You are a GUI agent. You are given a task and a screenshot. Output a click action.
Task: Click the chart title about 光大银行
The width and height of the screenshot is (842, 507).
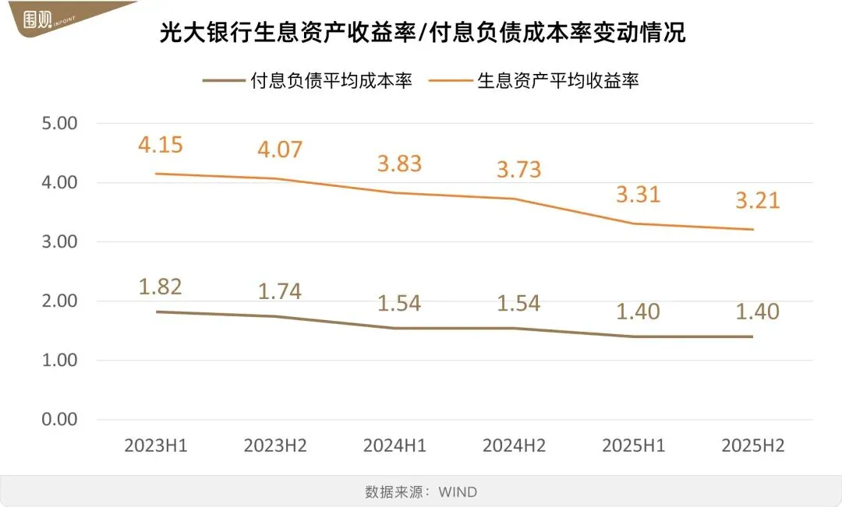(422, 33)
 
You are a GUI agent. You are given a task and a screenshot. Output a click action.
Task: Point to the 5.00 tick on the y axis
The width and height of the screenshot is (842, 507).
(58, 123)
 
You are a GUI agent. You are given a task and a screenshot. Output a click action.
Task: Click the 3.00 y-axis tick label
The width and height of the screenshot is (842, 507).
(58, 241)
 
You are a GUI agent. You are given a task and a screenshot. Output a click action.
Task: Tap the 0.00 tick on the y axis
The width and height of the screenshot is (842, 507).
(58, 419)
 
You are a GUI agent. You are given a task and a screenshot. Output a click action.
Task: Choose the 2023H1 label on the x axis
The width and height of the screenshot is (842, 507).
(156, 446)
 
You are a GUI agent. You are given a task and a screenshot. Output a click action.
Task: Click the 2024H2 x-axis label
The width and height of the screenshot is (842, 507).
(514, 446)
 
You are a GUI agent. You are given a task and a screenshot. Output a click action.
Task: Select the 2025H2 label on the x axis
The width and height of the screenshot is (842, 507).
(753, 446)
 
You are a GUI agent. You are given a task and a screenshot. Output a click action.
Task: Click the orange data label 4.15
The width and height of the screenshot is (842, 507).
(160, 145)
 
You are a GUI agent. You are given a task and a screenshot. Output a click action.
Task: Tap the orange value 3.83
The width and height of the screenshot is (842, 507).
(399, 164)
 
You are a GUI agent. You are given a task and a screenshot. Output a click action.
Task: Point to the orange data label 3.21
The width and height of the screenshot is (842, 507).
(757, 201)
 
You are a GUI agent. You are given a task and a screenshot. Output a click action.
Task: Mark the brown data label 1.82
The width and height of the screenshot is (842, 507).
(160, 287)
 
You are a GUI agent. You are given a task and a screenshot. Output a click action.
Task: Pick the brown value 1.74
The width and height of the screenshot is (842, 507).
(279, 291)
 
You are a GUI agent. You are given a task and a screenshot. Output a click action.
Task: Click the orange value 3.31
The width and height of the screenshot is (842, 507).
(638, 193)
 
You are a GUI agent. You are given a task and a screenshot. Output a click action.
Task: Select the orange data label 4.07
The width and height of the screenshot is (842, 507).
(279, 149)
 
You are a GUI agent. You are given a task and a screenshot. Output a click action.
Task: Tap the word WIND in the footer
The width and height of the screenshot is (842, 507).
(458, 492)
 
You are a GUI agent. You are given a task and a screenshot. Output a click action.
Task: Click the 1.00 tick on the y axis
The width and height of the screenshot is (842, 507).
(58, 360)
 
